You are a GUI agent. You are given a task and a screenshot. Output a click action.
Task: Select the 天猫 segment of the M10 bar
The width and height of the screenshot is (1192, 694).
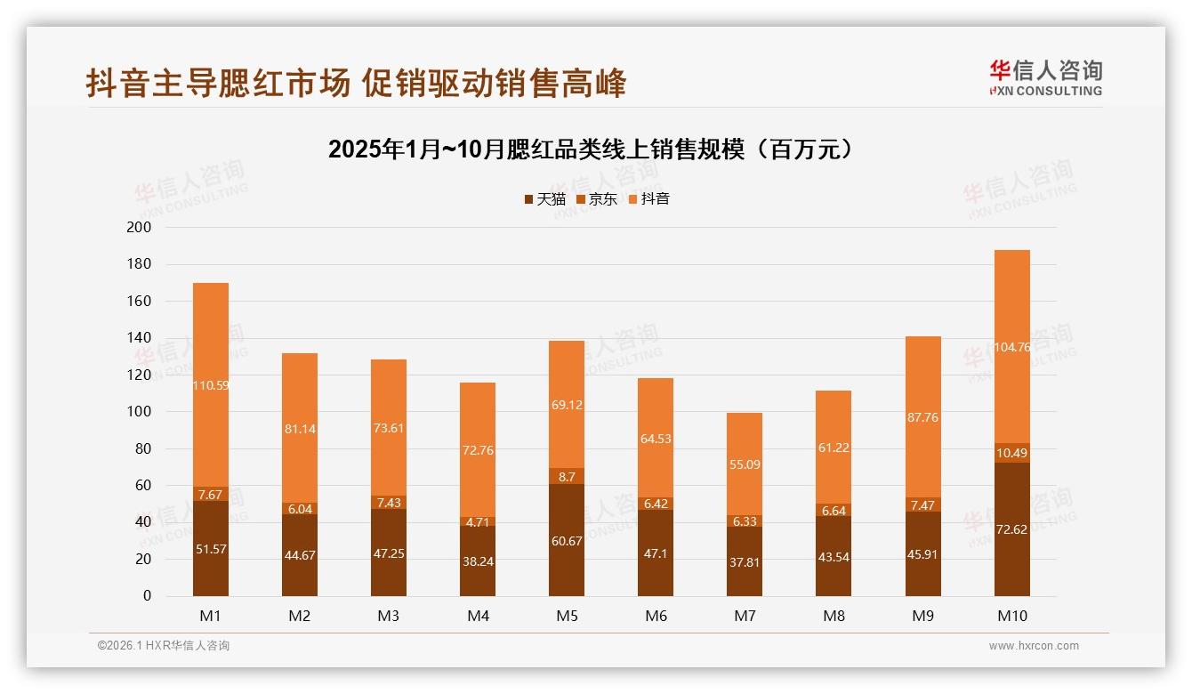coord(1011,529)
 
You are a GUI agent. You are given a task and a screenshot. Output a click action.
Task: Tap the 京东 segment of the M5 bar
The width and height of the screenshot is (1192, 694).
coord(567,476)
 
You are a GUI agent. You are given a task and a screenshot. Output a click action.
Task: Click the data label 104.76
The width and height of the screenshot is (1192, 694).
coord(1011,347)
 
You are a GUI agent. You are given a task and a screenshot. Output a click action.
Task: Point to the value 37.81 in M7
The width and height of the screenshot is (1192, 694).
coord(745,561)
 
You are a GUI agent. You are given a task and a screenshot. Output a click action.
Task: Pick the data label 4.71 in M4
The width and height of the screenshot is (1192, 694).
coord(478,521)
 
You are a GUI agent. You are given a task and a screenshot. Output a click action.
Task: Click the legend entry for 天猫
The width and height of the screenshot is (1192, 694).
coord(544,198)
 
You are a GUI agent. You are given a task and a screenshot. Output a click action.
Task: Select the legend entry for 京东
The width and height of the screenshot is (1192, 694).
coord(596,198)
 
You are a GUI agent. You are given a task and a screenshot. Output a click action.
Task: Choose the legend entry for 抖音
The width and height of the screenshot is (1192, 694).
coord(648,198)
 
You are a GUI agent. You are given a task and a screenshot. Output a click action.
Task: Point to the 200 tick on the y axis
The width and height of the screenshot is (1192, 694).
coord(141,228)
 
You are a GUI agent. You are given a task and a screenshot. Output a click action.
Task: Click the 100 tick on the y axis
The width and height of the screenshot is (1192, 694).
coord(141,412)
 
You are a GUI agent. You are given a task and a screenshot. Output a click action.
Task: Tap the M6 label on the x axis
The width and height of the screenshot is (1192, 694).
coord(656,616)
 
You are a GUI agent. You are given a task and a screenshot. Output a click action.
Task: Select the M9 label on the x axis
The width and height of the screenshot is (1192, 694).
coord(922,616)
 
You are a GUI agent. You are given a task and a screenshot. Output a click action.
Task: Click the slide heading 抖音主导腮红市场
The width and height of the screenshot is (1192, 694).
coord(356,83)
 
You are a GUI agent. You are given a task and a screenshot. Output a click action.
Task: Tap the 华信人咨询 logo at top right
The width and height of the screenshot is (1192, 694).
coord(1045,77)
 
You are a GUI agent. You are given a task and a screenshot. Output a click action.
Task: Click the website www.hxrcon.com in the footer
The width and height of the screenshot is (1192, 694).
coord(1034,646)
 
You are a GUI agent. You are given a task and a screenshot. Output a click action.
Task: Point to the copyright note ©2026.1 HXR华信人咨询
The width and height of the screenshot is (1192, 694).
coord(164,646)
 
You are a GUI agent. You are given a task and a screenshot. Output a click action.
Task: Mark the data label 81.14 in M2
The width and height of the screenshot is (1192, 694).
coord(300,429)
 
